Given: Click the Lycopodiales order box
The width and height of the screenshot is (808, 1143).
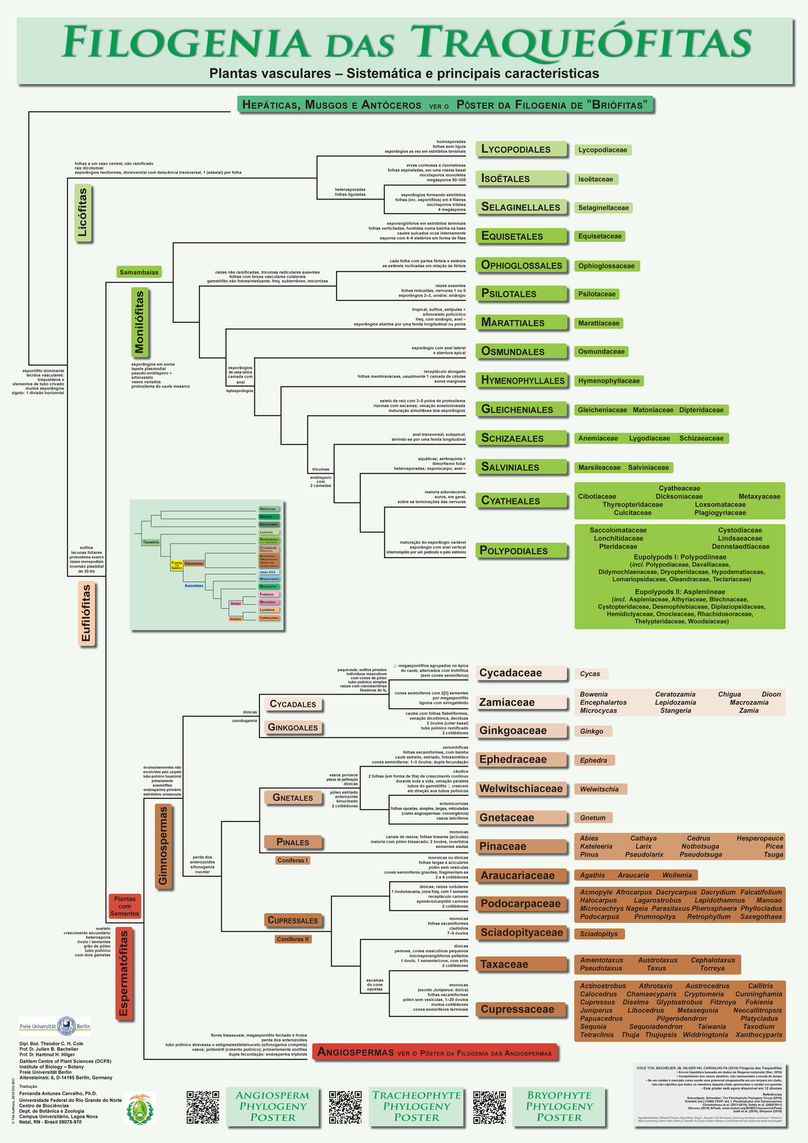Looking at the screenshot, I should [520, 149].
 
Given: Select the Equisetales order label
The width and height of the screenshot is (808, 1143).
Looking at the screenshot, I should [520, 236].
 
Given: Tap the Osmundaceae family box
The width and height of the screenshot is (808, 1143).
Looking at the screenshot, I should [601, 351].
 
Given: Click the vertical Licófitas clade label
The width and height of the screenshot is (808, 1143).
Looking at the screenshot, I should [83, 213].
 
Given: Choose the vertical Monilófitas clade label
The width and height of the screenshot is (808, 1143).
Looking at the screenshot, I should [139, 323].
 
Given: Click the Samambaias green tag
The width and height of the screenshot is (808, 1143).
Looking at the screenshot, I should [139, 272].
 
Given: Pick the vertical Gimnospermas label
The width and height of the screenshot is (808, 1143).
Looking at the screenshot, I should [163, 846].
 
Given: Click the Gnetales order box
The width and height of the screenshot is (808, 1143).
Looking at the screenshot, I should [292, 797].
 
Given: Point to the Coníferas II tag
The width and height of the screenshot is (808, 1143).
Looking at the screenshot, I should [293, 939].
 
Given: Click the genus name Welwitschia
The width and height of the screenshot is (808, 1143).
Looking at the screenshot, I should [600, 789].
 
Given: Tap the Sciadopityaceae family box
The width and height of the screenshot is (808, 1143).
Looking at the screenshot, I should [520, 933].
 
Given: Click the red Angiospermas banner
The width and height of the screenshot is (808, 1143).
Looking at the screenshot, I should [435, 1052].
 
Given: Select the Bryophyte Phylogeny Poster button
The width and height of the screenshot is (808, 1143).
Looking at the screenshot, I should [559, 1106].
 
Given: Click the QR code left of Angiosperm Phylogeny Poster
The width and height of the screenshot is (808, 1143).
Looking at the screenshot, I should [203, 1107].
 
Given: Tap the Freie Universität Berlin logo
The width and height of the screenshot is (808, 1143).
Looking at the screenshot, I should [55, 1026].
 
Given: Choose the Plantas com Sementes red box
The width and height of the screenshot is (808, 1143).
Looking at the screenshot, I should [125, 906].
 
